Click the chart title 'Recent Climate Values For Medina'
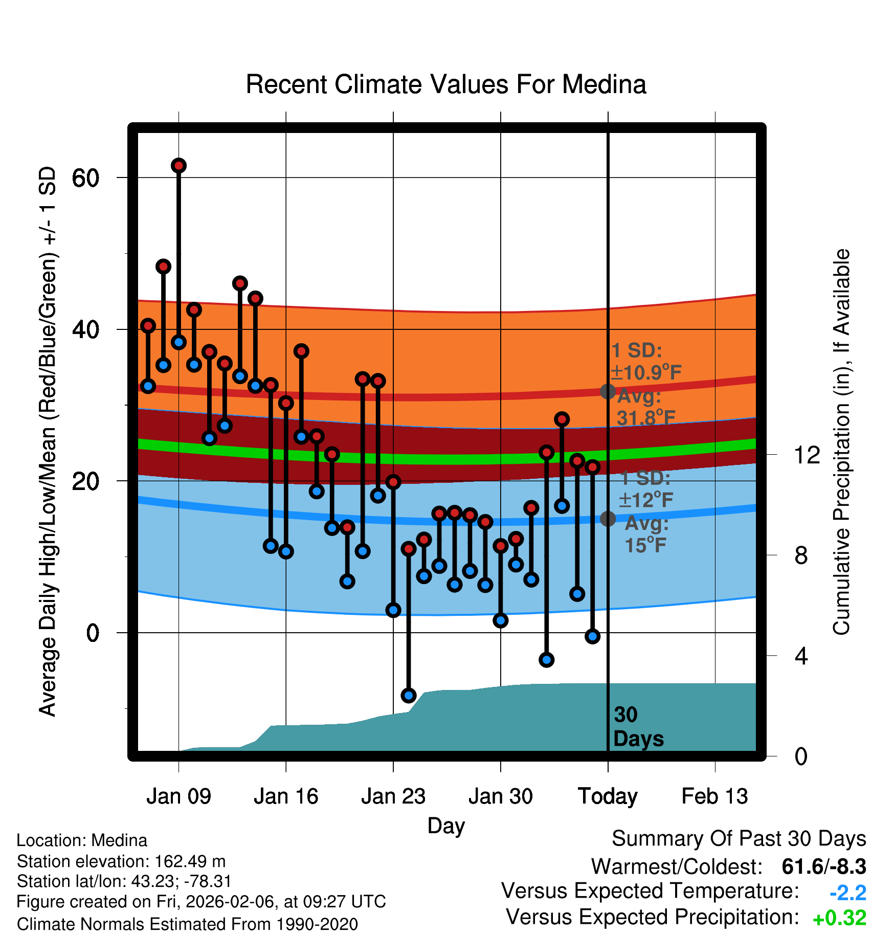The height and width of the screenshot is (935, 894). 446,84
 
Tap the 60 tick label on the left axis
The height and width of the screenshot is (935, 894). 85,178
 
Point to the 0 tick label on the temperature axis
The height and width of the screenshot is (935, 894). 93,633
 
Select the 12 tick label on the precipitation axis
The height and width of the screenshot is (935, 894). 807,455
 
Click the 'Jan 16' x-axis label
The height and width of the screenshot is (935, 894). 286,796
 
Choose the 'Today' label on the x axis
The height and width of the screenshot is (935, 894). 608,796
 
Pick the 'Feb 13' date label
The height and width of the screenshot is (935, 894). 714,796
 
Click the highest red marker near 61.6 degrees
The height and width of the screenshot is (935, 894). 178,166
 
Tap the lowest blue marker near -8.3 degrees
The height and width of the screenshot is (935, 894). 408,695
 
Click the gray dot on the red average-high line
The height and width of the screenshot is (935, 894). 608,392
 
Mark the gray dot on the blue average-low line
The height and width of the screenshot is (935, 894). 608,519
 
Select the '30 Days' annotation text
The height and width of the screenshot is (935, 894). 638,727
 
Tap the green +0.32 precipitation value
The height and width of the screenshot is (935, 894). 839,918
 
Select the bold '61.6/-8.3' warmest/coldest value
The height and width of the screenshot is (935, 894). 823,866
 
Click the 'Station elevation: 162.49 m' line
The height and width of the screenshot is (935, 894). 121,861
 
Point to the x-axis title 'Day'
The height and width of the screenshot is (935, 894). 446,826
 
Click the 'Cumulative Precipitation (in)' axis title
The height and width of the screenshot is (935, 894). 841,442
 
